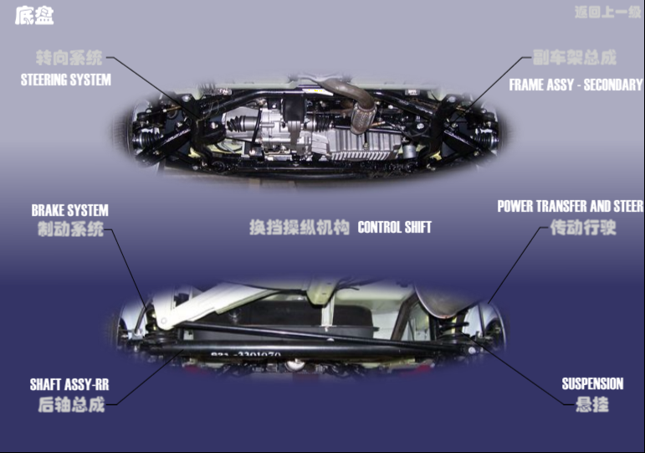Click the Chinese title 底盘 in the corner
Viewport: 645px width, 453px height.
[34, 16]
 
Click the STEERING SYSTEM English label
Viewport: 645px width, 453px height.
[66, 80]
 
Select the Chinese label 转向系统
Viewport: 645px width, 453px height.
[69, 59]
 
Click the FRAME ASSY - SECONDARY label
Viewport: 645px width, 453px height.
[576, 85]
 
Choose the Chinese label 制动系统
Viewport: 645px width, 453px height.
[70, 229]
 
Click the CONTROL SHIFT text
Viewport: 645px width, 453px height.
[395, 227]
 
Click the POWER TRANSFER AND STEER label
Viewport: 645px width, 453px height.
[570, 206]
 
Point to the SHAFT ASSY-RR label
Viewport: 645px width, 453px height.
[69, 385]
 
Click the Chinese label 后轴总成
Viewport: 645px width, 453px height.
[71, 405]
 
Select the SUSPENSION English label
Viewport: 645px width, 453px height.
[592, 384]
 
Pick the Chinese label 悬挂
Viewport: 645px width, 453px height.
[592, 405]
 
